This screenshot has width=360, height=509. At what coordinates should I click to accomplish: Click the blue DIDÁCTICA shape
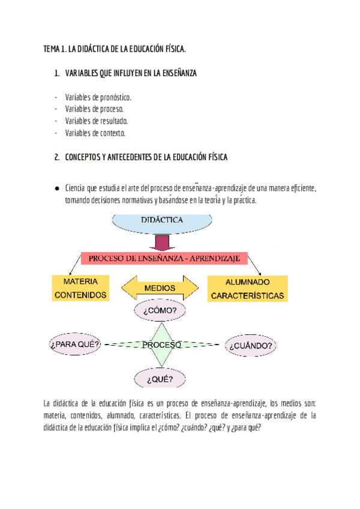pyautogui.click(x=162, y=222)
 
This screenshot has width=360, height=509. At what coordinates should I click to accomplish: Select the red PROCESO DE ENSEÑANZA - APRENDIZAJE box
pyautogui.click(x=164, y=258)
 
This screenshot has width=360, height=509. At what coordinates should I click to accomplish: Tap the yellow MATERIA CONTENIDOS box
pyautogui.click(x=81, y=288)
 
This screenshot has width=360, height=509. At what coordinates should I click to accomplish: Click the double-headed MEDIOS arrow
pyautogui.click(x=160, y=288)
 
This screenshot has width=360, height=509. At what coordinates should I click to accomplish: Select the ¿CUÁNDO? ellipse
pyautogui.click(x=251, y=346)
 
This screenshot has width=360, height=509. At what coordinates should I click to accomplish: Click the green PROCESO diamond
pyautogui.click(x=162, y=345)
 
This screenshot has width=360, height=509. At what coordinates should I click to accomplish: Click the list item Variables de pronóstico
pyautogui.click(x=98, y=97)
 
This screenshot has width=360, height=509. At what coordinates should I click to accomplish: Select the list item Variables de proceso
pyautogui.click(x=94, y=109)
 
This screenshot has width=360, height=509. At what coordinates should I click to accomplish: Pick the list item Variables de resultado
pyautogui.click(x=97, y=121)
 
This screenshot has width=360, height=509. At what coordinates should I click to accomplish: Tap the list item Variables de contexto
pyautogui.click(x=95, y=133)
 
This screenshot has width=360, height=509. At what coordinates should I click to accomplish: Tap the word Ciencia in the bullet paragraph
pyautogui.click(x=76, y=188)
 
